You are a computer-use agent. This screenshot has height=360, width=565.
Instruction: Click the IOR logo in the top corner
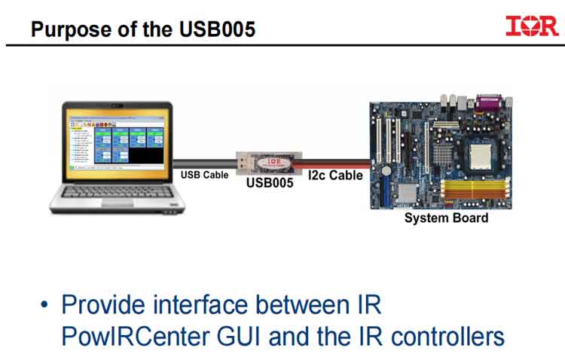(x=532, y=26)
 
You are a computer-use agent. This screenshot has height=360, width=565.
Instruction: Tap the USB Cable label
(x=204, y=175)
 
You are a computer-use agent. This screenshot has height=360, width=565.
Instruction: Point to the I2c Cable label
(x=337, y=175)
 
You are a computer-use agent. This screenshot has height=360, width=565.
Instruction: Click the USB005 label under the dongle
(x=269, y=183)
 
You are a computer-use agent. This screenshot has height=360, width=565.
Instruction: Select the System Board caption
(x=446, y=218)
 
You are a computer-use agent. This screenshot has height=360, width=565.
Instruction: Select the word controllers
(x=450, y=335)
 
